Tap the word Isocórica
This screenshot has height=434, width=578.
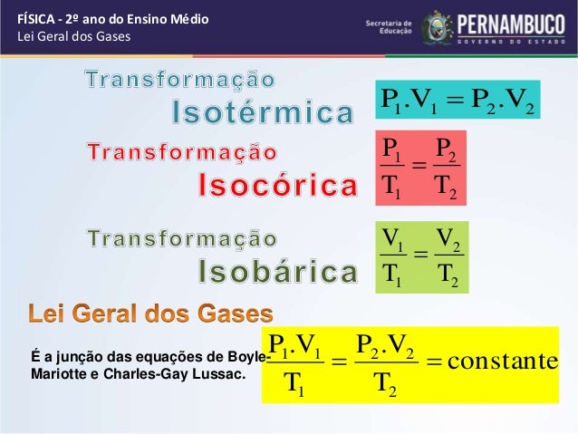click(277, 188)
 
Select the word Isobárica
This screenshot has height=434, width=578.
click(277, 271)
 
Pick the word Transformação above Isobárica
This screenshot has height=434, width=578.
click(182, 237)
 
